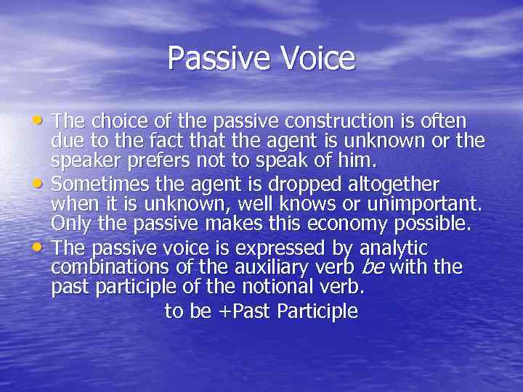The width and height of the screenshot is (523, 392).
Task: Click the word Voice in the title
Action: point(317,59)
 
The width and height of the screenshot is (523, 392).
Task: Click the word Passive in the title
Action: point(219,59)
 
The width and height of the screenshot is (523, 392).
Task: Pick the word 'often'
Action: point(445,121)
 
